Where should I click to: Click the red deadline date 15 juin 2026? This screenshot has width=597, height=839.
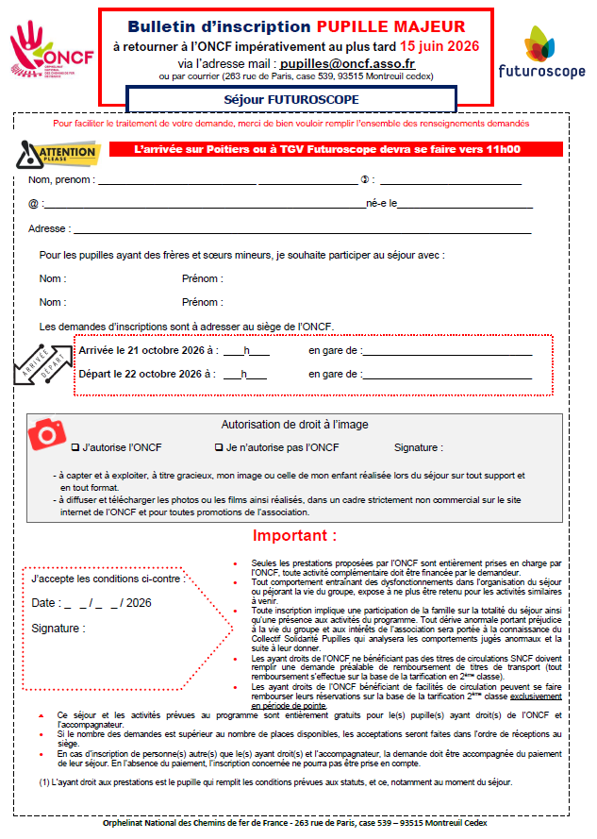pyautogui.click(x=439, y=44)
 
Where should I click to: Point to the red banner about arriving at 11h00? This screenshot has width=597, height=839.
pyautogui.click(x=336, y=149)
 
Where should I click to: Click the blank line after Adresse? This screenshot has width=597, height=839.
pyautogui.click(x=302, y=229)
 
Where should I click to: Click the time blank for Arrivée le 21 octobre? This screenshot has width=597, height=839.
pyautogui.click(x=246, y=351)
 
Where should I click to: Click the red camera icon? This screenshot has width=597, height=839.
pyautogui.click(x=45, y=435)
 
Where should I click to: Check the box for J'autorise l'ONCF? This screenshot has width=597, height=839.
pyautogui.click(x=75, y=447)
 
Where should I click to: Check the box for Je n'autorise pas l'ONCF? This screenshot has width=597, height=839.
pyautogui.click(x=220, y=447)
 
